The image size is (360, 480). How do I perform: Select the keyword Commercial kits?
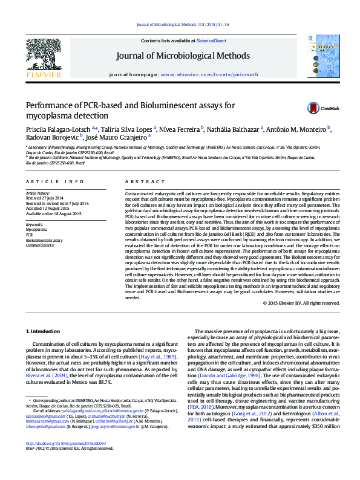(x=40, y=245)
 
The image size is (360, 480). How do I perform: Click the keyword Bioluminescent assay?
(x=44, y=240)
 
